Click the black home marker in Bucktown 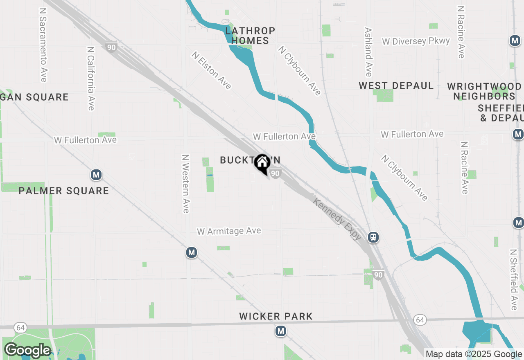(x=262, y=163)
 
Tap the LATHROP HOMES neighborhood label (x=250, y=36)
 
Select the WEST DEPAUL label (x=396, y=86)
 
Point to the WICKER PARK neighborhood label (x=276, y=316)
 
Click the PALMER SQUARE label (x=64, y=191)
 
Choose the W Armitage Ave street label (x=229, y=231)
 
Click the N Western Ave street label (x=186, y=183)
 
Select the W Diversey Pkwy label (x=416, y=41)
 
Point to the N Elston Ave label (x=211, y=70)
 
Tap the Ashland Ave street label (x=368, y=52)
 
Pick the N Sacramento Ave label (x=43, y=44)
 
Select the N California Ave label (x=91, y=78)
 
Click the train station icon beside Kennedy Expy (x=373, y=237)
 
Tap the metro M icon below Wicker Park (x=280, y=331)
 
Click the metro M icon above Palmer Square (x=96, y=175)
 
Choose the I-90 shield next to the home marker (x=276, y=174)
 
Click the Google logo (x=27, y=351)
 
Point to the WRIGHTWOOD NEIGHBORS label (x=484, y=91)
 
